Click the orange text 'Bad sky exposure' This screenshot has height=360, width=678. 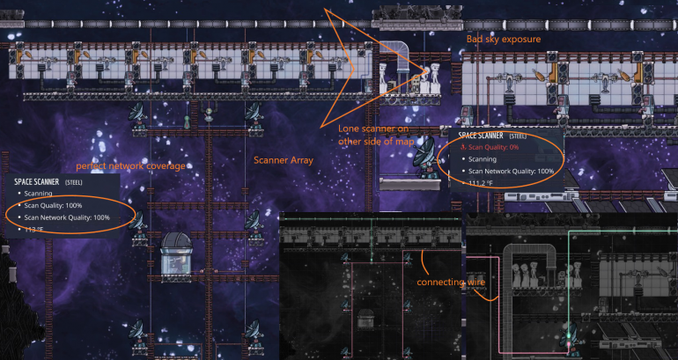(503, 40)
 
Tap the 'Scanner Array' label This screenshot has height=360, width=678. (284, 160)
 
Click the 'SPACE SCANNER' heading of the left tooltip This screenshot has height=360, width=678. (37, 181)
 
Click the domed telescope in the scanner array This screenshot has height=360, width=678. (181, 255)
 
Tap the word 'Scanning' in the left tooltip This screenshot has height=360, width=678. (39, 193)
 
